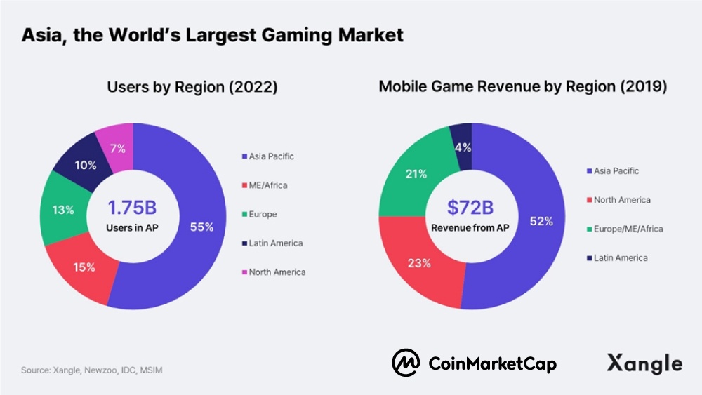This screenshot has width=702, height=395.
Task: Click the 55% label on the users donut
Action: [201, 227]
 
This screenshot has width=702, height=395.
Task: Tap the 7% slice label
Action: [117, 148]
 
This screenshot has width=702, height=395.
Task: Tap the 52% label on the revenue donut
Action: [541, 220]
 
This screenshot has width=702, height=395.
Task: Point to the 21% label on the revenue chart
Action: [416, 173]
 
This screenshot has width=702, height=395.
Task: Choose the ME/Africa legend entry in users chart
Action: [267, 185]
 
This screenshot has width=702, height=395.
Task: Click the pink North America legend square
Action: [244, 272]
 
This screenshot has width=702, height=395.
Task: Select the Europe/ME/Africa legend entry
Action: [628, 229]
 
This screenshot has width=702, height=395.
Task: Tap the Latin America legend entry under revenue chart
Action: [620, 257]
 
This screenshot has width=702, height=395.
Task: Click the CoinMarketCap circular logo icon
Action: [406, 363]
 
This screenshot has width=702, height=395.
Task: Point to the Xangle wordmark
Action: [644, 363]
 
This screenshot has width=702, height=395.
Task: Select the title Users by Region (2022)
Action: [192, 87]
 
